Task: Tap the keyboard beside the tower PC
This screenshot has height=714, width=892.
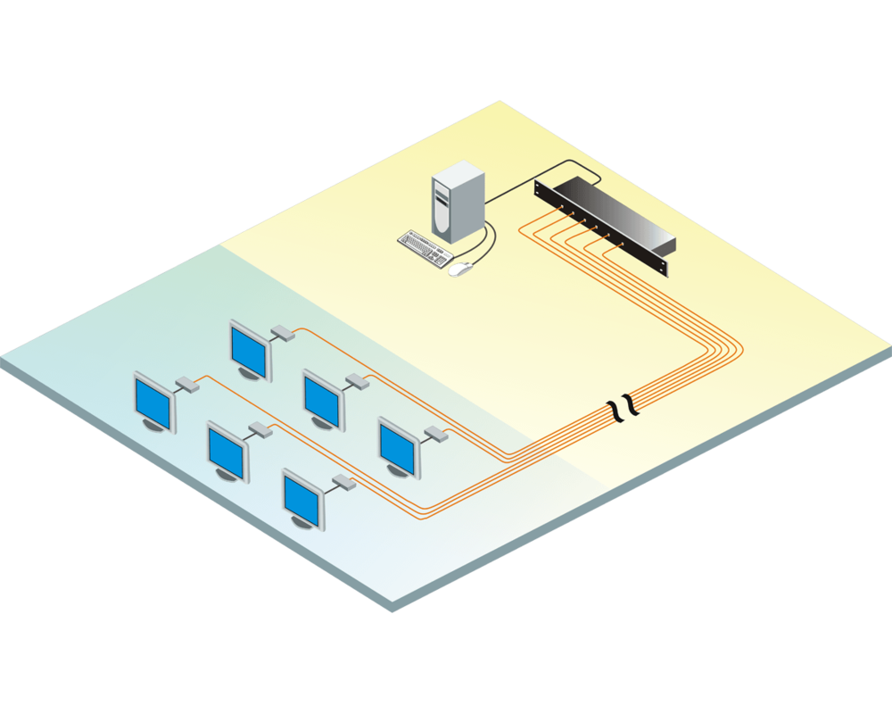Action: pyautogui.click(x=425, y=247)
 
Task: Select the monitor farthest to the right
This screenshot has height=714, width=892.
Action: pyautogui.click(x=397, y=445)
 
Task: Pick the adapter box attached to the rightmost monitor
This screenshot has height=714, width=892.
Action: pyautogui.click(x=435, y=435)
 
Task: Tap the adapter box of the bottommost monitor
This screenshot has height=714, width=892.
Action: pyautogui.click(x=343, y=485)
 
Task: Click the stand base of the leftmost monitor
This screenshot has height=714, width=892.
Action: pyautogui.click(x=159, y=427)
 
